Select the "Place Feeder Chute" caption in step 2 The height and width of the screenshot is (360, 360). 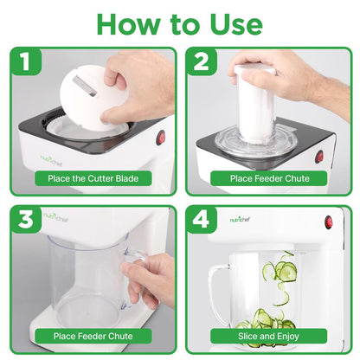tap(269, 179)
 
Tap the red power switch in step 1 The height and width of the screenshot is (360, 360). tap(161, 138)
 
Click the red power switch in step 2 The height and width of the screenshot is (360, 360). tap(319, 156)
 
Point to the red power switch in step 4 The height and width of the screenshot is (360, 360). tap(329, 222)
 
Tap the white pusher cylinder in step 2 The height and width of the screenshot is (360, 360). tap(260, 104)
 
